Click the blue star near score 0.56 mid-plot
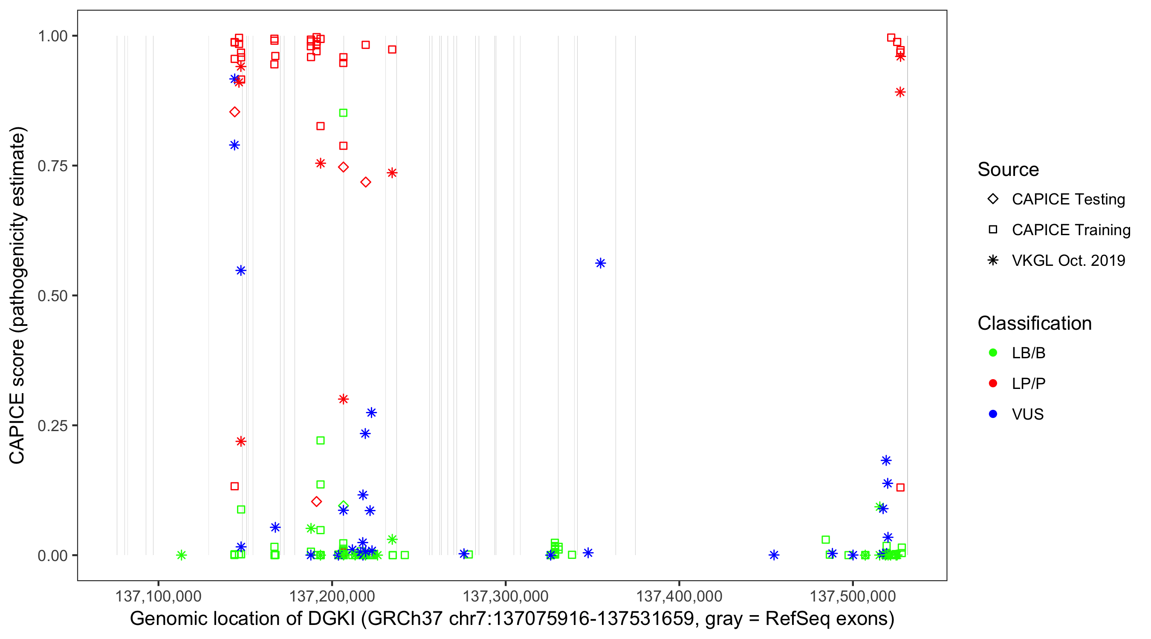(600, 263)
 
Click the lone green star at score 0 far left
(181, 555)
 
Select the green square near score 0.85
(343, 113)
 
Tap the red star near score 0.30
(343, 399)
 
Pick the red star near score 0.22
(241, 441)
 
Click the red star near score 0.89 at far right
(900, 92)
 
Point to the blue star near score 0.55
(241, 271)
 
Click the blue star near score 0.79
(234, 145)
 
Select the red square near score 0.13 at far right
(900, 487)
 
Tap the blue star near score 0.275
(371, 413)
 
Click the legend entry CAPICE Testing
(1068, 199)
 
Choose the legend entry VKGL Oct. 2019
(1068, 260)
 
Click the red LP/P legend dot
(993, 383)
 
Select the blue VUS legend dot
(993, 414)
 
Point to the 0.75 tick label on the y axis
(52, 166)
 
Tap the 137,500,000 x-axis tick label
(853, 596)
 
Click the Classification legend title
(1034, 323)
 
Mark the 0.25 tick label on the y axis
(52, 426)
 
